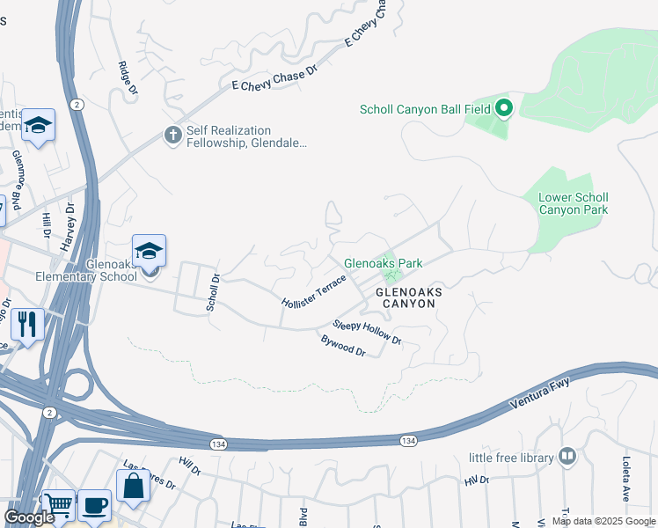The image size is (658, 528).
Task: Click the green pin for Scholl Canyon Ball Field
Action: pyautogui.click(x=503, y=109)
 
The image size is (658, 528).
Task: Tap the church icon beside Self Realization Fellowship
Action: pyautogui.click(x=172, y=136)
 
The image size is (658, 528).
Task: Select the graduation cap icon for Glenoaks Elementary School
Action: pyautogui.click(x=150, y=251)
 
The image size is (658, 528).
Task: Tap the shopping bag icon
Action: pyautogui.click(x=133, y=486)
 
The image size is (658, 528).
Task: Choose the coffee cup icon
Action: pyautogui.click(x=94, y=505)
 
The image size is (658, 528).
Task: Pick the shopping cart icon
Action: pyautogui.click(x=58, y=505)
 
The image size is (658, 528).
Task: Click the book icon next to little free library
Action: pyautogui.click(x=567, y=457)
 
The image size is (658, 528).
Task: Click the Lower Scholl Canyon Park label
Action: pyautogui.click(x=573, y=203)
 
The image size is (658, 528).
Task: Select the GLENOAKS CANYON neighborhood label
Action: pyautogui.click(x=406, y=297)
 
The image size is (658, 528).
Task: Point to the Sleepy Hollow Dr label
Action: pyautogui.click(x=367, y=332)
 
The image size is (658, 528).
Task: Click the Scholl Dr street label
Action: pyautogui.click(x=212, y=291)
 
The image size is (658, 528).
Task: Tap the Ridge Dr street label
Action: pyautogui.click(x=128, y=77)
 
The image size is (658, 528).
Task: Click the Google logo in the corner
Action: pyautogui.click(x=29, y=517)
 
